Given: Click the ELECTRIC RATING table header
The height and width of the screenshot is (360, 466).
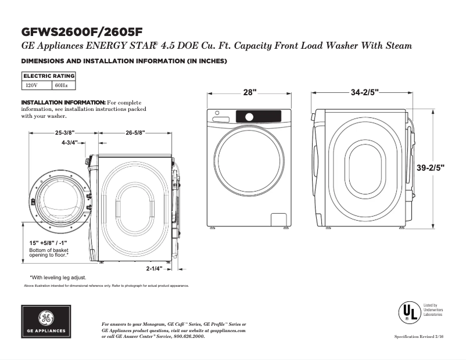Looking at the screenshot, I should [x=49, y=76].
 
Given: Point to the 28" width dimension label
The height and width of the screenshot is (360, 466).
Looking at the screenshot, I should [x=250, y=92].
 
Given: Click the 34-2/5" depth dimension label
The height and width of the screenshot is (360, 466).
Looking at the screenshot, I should [x=365, y=92].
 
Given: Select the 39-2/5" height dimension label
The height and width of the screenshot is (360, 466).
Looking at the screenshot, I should [x=431, y=168].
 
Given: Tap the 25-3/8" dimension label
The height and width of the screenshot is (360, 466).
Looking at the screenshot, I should [x=65, y=133].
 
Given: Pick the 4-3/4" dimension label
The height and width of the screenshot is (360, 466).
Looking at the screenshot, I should [x=70, y=142].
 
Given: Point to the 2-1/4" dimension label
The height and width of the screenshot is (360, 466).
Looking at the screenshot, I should [x=154, y=269].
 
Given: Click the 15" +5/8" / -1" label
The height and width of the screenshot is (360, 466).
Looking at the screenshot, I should [x=49, y=243].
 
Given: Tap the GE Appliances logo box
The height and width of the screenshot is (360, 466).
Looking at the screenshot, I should [x=46, y=322].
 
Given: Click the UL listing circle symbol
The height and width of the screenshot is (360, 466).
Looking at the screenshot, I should [x=409, y=312].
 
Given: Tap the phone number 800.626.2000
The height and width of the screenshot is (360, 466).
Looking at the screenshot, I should [x=189, y=337].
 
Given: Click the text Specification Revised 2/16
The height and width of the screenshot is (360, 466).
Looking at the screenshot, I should [x=418, y=337].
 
